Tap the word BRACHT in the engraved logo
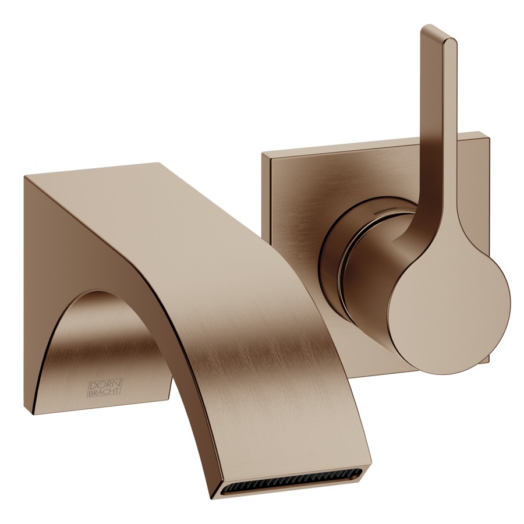105,392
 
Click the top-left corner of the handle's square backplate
263,153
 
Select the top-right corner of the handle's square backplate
489,133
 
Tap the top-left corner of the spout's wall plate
24,176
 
